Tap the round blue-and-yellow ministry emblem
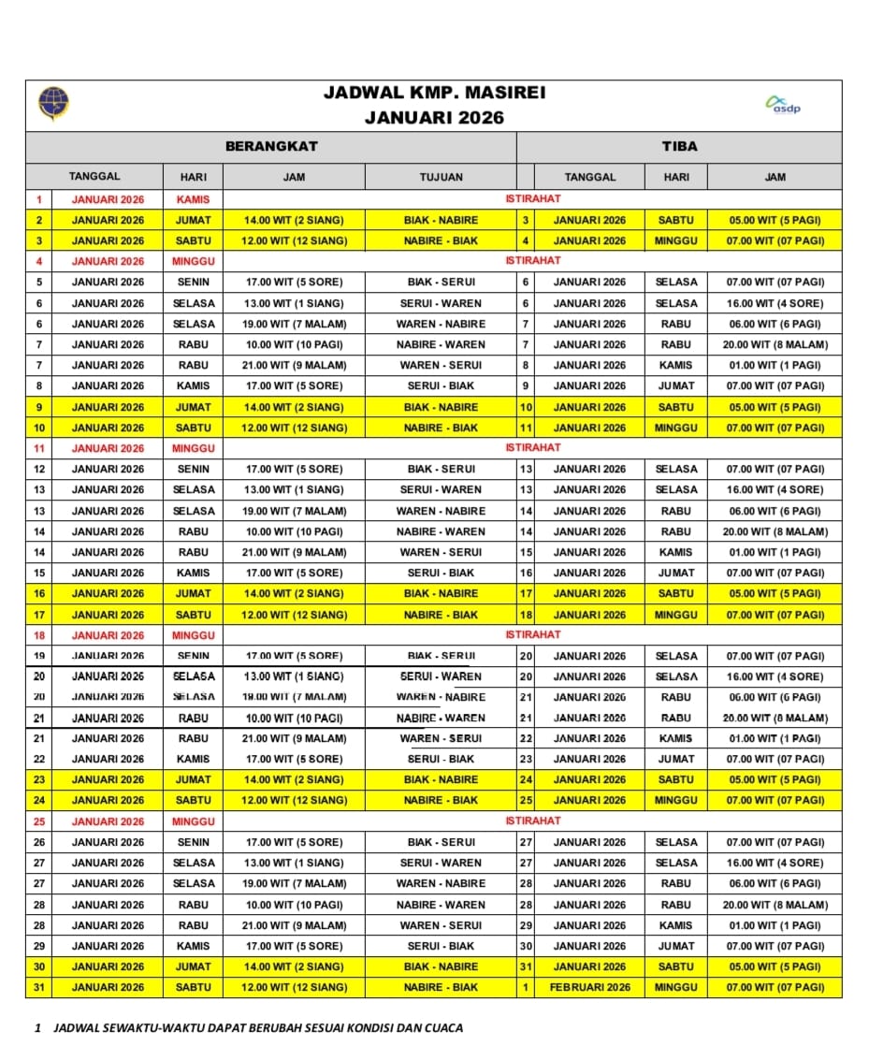pyautogui.click(x=53, y=104)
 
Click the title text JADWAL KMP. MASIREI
pyautogui.click(x=434, y=93)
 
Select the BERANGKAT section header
pyautogui.click(x=271, y=146)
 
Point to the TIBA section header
pyautogui.click(x=679, y=146)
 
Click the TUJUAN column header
pyautogui.click(x=441, y=177)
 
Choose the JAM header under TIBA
pyautogui.click(x=775, y=177)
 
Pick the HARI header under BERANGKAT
pyautogui.click(x=193, y=177)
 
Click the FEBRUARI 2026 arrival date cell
pyautogui.click(x=589, y=987)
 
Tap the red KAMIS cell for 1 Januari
pyautogui.click(x=193, y=199)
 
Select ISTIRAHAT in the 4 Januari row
pyautogui.click(x=533, y=260)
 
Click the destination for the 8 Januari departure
pyautogui.click(x=441, y=385)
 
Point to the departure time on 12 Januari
pyautogui.click(x=294, y=469)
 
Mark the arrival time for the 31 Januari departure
pyautogui.click(x=775, y=987)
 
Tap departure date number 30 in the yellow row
pyautogui.click(x=38, y=966)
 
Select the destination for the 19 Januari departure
pyautogui.click(x=441, y=656)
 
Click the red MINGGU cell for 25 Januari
pyautogui.click(x=193, y=821)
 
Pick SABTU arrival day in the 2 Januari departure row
pyautogui.click(x=675, y=220)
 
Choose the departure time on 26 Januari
pyautogui.click(x=294, y=842)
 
